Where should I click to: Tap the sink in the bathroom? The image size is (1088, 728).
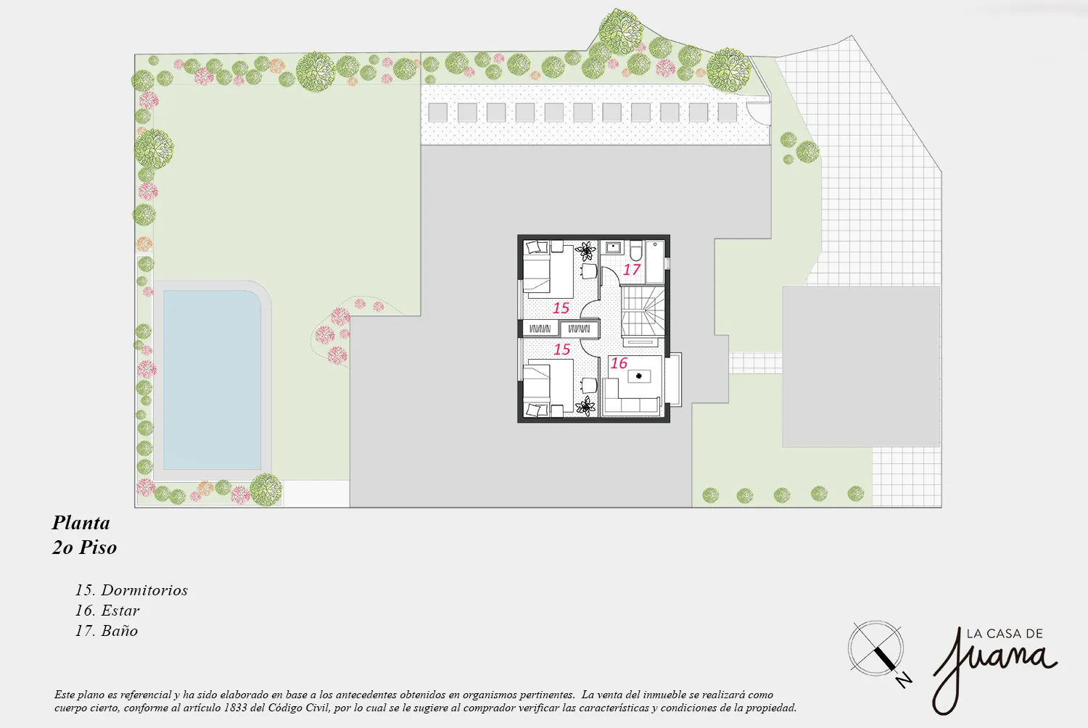coord(613,247)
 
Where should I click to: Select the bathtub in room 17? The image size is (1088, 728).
coord(655,262)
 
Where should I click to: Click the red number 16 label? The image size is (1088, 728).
coord(619,363)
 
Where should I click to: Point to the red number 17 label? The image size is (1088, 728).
coord(632,269)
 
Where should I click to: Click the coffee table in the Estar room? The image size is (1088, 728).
coord(639,376)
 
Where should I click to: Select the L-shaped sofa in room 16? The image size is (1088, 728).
coord(630,397)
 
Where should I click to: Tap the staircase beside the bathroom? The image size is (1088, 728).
coord(643,311)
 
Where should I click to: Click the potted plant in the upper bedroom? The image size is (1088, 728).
coord(586,251)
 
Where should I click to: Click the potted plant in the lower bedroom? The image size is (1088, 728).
coord(586,406)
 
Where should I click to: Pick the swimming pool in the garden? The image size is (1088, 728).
coord(213,380)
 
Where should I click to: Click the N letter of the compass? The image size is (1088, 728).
coord(904,680)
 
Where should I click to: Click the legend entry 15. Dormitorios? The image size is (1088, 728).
coord(131,590)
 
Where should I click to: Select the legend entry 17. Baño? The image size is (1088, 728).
coord(107,631)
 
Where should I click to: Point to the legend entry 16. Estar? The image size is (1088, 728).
coord(107,611)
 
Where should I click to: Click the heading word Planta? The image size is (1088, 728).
coord(81,523)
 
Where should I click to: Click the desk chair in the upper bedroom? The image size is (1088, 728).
coord(589,271)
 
